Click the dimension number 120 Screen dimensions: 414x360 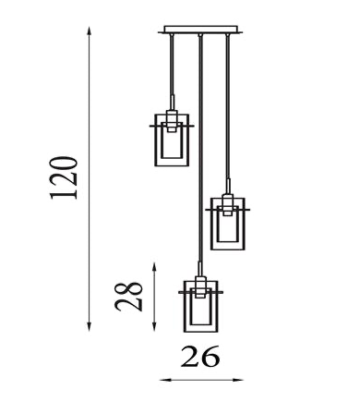[x=65, y=178]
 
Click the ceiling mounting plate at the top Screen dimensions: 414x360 [x=198, y=30]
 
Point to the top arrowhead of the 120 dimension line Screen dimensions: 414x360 [x=89, y=31]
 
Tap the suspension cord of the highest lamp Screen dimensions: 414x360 [x=171, y=69]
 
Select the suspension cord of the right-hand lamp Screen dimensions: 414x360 [x=226, y=111]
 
